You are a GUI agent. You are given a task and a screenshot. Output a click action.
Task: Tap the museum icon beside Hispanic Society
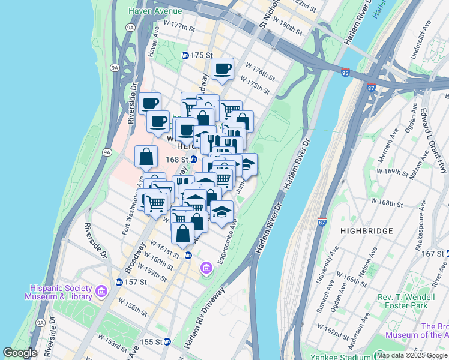coord(101,292)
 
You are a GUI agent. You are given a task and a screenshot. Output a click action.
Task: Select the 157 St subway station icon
coord(119,282)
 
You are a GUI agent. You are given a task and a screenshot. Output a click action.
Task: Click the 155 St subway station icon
coord(167,341)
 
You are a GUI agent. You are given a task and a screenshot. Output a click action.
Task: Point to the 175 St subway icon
coord(185,55)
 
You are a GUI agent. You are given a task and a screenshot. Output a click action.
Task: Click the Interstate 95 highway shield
coord(345,72)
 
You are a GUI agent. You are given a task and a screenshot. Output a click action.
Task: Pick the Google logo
coord(20,353)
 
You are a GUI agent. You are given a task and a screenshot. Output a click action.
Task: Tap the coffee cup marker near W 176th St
coord(222,68)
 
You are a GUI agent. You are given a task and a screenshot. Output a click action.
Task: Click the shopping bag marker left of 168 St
coord(146,158)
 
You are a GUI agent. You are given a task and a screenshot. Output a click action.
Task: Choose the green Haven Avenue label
coord(154,11)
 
